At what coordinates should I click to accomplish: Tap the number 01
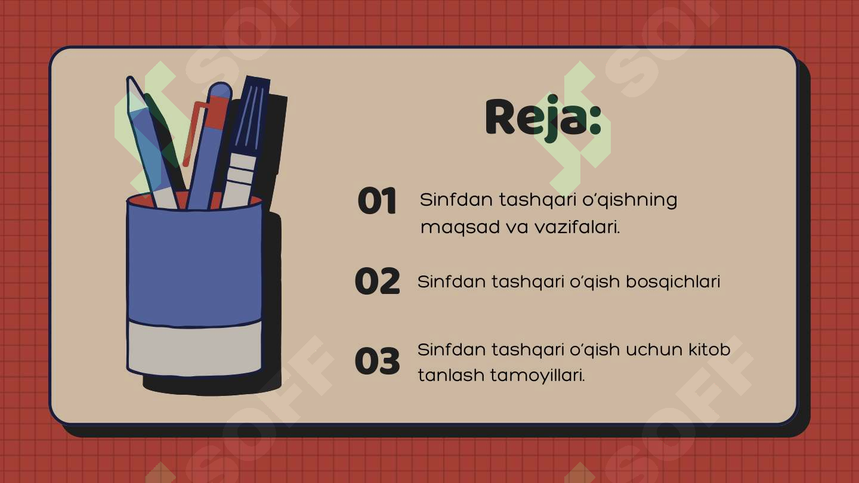(377, 202)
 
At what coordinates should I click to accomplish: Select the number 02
(377, 281)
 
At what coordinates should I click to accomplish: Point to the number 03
(377, 361)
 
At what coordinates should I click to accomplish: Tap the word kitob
(709, 349)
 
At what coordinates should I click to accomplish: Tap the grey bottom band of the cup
(194, 348)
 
